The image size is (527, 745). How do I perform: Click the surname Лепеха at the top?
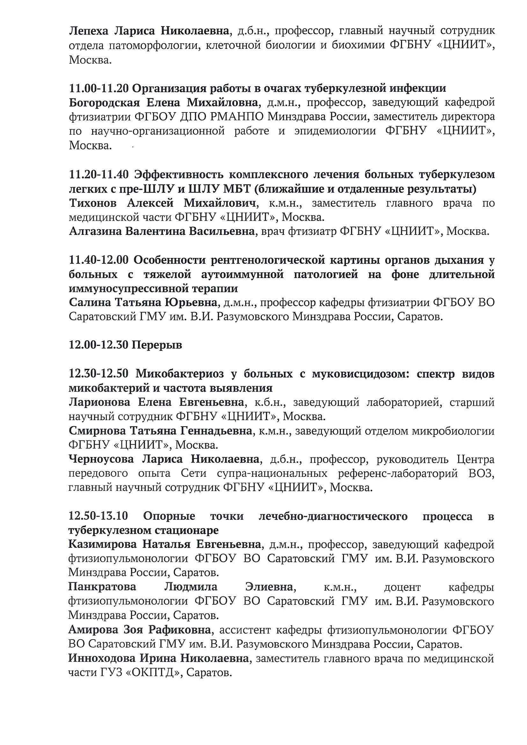click(x=89, y=31)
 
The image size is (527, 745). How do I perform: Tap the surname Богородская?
click(x=104, y=103)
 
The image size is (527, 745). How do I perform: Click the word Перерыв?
click(x=157, y=345)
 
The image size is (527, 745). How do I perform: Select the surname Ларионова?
click(x=99, y=402)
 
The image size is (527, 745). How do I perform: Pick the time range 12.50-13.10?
click(x=98, y=516)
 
